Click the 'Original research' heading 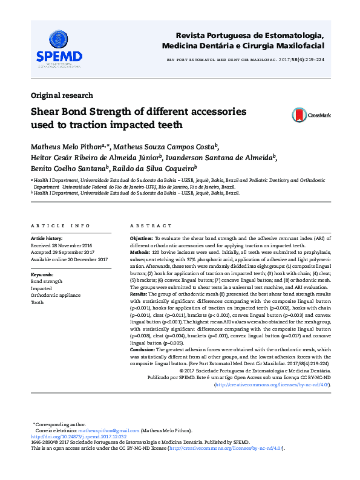(62, 96)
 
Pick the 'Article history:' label (48, 239)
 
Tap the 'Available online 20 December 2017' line (69, 259)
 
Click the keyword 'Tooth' (38, 302)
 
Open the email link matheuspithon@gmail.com (111, 430)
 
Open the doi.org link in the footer (79, 436)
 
